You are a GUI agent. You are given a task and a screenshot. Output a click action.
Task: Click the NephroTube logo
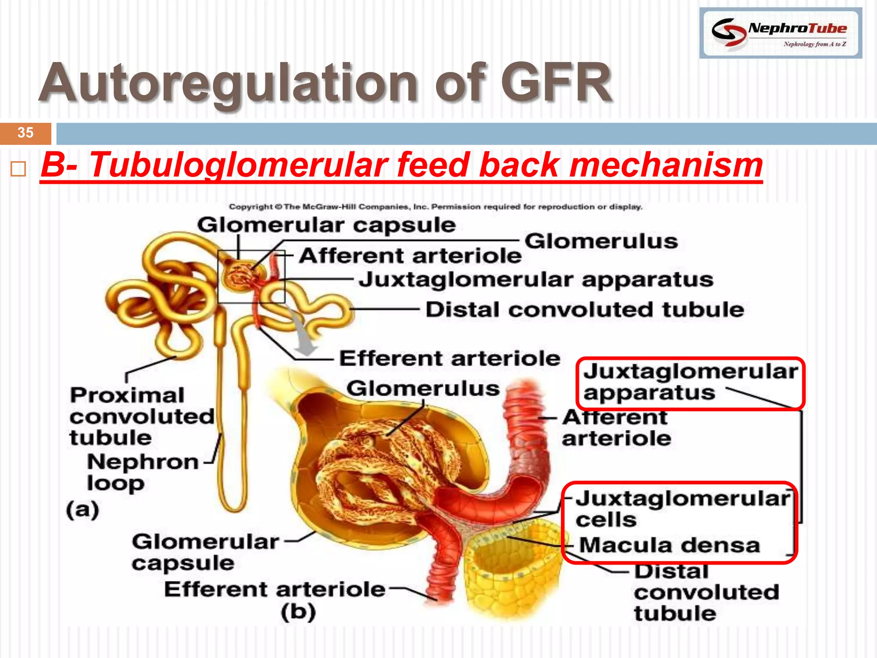click(780, 33)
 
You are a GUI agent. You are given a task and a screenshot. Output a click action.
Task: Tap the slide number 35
click(26, 133)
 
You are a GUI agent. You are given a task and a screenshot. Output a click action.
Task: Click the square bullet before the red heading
click(18, 169)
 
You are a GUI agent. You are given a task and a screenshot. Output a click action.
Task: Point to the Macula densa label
click(669, 546)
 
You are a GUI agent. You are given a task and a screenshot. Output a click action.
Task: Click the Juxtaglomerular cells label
click(681, 509)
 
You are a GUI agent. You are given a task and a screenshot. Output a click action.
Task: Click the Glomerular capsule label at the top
click(326, 225)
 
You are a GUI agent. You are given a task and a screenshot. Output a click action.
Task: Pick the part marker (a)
click(83, 510)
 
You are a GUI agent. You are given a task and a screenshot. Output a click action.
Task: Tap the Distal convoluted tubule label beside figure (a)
click(585, 310)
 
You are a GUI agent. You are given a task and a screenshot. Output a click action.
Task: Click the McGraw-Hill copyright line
click(435, 207)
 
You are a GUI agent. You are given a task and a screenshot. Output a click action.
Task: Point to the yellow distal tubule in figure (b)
click(512, 574)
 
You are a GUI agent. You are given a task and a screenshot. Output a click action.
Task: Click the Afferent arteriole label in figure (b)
click(616, 428)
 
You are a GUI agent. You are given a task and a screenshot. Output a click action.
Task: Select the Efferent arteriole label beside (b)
click(275, 589)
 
